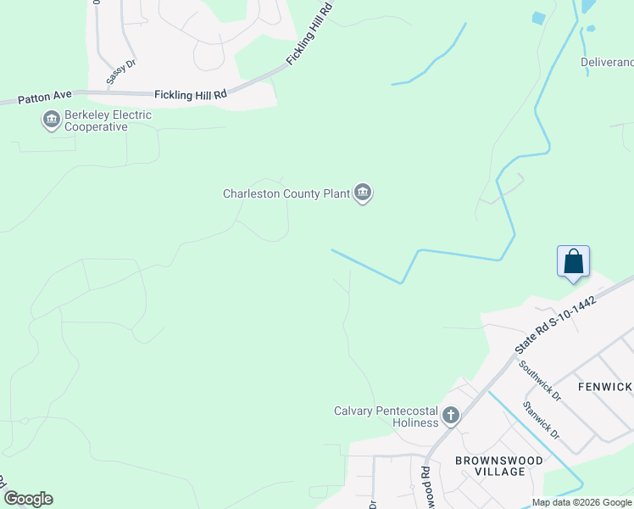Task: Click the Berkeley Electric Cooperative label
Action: [x=97, y=120]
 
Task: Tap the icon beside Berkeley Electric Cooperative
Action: [x=51, y=121]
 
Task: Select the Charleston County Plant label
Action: [x=286, y=193]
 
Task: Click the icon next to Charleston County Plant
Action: [x=364, y=193]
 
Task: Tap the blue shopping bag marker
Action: [x=573, y=261]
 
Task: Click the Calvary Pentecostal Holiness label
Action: [x=386, y=417]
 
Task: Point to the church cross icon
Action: [x=451, y=417]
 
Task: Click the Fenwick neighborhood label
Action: [x=605, y=387]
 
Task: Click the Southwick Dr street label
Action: [x=540, y=381]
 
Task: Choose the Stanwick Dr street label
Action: [x=541, y=420]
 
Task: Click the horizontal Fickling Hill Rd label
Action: [x=191, y=96]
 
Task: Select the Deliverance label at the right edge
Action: [x=607, y=62]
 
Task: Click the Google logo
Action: [x=28, y=499]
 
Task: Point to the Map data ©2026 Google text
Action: [x=582, y=502]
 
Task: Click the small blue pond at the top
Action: [x=537, y=17]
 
